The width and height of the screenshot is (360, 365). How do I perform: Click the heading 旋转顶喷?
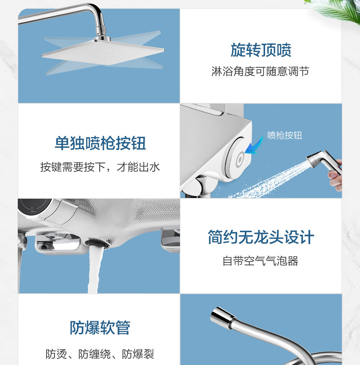click(x=261, y=50)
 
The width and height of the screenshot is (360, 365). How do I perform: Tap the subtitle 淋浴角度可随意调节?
click(x=260, y=71)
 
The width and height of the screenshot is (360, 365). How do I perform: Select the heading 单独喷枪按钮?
click(x=100, y=143)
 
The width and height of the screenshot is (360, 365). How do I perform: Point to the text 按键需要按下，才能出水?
click(x=100, y=167)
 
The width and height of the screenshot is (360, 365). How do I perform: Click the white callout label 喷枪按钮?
click(x=285, y=135)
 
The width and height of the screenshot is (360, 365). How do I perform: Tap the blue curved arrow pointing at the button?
click(x=256, y=147)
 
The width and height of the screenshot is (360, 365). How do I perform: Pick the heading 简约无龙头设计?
click(x=261, y=237)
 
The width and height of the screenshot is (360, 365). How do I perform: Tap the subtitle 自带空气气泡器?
click(x=260, y=261)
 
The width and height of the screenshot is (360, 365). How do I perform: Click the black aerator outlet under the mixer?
click(x=98, y=243)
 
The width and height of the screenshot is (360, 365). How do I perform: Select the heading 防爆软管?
click(x=100, y=328)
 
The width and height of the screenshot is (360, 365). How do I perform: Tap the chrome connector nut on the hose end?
click(x=222, y=317)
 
